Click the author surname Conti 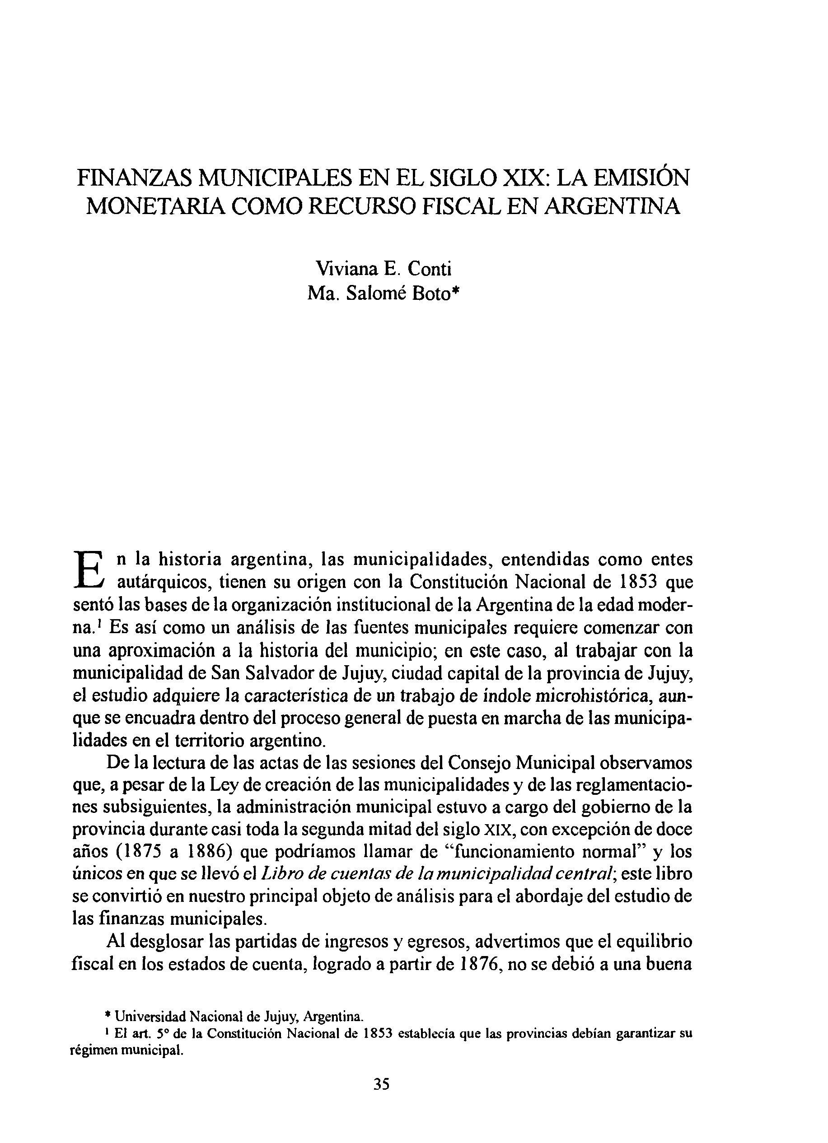click(430, 269)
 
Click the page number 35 click(382, 1083)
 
